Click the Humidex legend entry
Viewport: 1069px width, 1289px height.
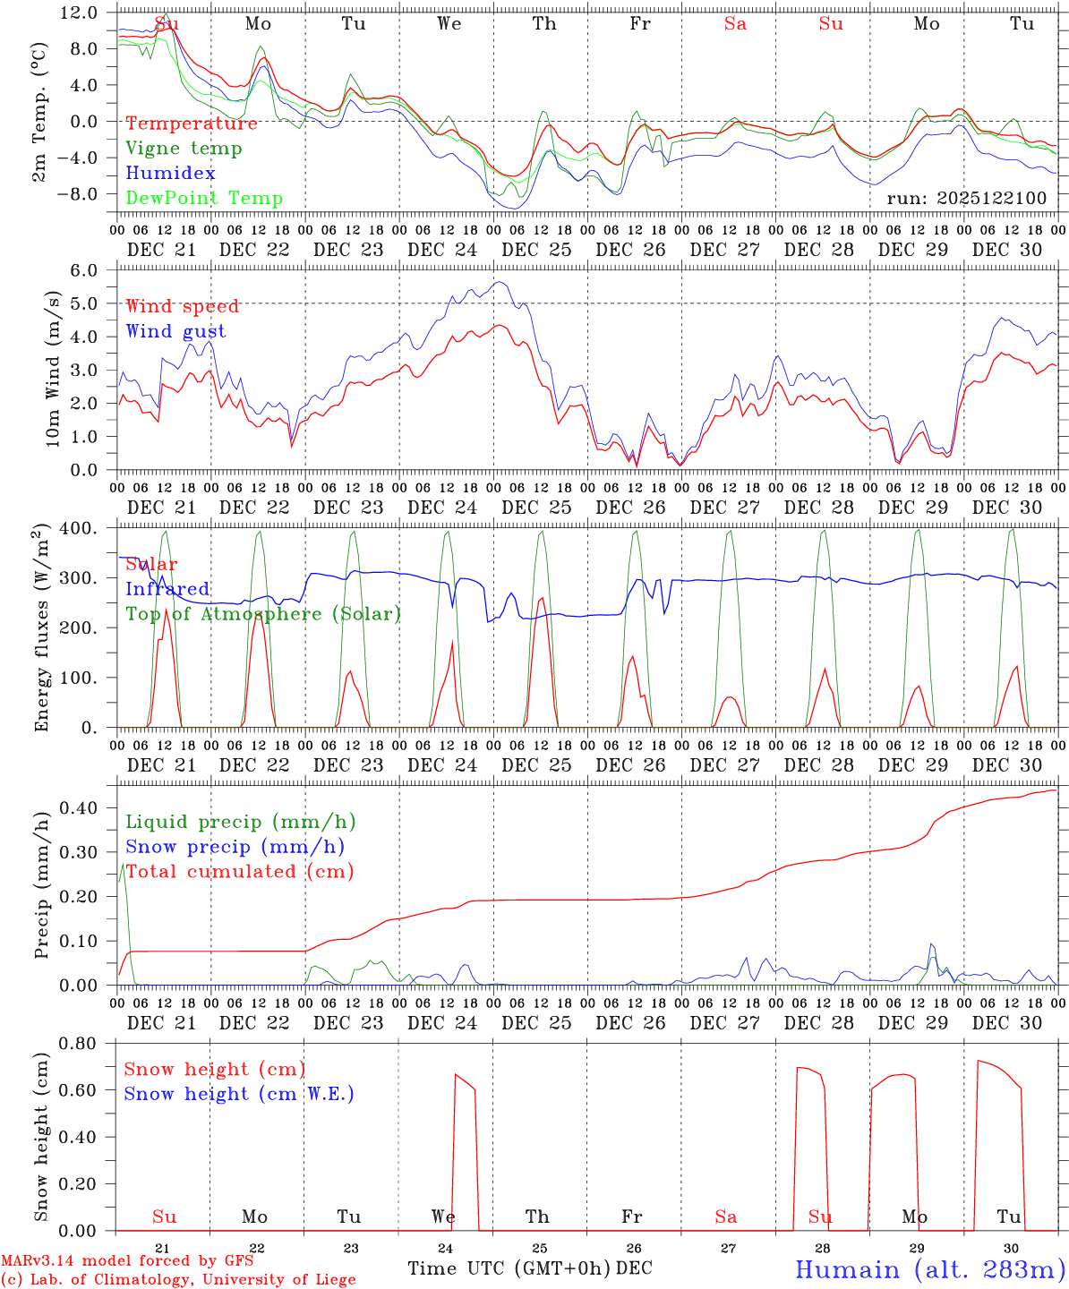click(x=170, y=174)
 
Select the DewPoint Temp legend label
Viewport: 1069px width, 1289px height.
click(x=204, y=199)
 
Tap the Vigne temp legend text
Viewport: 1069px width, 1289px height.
click(x=184, y=149)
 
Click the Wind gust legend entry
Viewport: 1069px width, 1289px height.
click(x=175, y=331)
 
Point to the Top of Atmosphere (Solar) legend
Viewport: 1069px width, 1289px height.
click(x=263, y=614)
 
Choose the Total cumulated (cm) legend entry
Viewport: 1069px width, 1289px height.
click(x=240, y=871)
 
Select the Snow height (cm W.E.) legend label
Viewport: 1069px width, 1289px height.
click(x=239, y=1094)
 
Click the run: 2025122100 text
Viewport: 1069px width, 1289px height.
click(x=966, y=198)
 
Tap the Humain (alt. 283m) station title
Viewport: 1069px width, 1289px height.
click(x=930, y=1269)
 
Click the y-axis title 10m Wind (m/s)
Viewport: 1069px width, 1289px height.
click(x=53, y=369)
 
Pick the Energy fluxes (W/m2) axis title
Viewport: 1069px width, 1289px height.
click(x=42, y=629)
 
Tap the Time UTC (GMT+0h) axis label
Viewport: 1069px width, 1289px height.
click(x=509, y=1268)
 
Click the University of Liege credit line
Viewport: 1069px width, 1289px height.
click(x=178, y=1279)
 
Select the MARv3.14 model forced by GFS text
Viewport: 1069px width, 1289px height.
click(x=127, y=1261)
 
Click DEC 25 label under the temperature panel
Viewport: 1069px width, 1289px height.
click(x=536, y=250)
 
